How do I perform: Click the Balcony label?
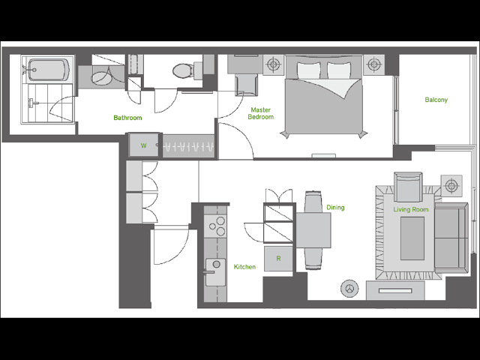(x=436, y=100)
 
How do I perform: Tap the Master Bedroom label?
(x=261, y=113)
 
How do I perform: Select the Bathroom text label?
(x=127, y=118)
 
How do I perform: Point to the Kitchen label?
(x=244, y=267)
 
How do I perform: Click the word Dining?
(x=335, y=208)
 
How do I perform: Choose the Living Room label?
(x=411, y=210)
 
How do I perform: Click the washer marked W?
(x=143, y=145)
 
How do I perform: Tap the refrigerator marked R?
(x=278, y=259)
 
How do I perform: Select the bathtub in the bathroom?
(x=48, y=70)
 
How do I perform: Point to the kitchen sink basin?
(x=215, y=272)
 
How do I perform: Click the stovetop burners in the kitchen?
(x=217, y=226)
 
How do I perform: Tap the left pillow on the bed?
(x=309, y=70)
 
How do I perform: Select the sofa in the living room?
(x=451, y=238)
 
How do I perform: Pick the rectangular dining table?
(x=313, y=230)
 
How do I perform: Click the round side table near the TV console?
(x=349, y=288)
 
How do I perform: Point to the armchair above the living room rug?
(x=408, y=187)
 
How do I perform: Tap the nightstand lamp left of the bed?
(x=273, y=64)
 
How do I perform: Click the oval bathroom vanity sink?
(x=102, y=77)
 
